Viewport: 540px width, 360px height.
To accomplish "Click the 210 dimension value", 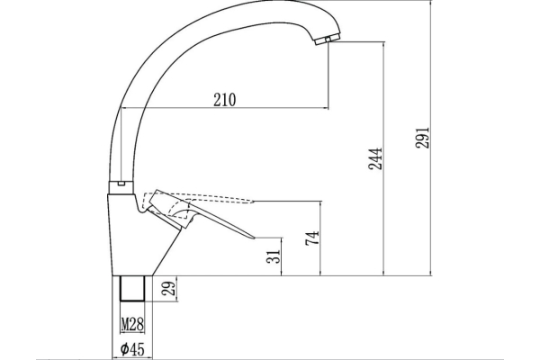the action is point(225,100).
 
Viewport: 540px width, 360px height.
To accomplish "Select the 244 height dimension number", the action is point(375,158).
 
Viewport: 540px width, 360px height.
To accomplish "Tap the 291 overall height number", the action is point(423,138).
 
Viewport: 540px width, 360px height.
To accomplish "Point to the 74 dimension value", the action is point(312,238).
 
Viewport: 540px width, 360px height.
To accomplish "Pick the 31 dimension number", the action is point(274,256).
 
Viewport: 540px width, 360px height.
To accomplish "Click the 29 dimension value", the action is point(169,288).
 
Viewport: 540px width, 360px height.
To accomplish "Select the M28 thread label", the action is point(132,324).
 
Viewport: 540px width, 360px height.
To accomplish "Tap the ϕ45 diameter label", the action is point(132,349).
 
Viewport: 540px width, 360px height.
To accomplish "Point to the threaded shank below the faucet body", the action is point(132,288).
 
